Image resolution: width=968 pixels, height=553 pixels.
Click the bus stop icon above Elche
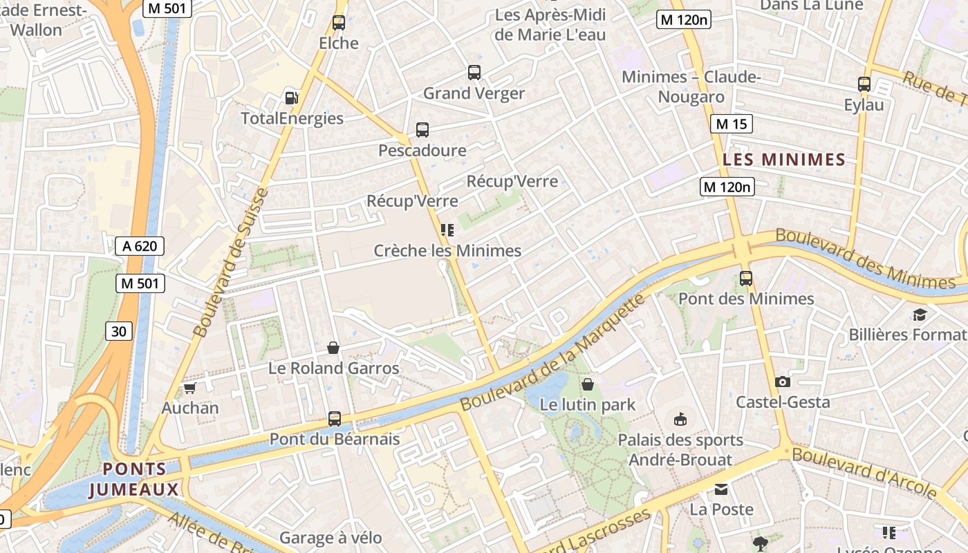339,23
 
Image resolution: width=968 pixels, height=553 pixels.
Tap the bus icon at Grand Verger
474,73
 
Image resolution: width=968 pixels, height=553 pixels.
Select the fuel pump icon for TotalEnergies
292,98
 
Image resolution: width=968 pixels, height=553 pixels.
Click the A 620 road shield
140,246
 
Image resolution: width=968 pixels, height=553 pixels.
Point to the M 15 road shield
731,124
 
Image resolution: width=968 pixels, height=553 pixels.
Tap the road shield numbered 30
119,332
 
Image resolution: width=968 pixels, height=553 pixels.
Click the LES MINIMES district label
784,160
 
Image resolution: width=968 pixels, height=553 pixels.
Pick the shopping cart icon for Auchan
190,388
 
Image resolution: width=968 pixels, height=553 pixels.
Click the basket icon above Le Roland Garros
333,347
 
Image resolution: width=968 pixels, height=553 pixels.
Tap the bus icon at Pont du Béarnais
335,419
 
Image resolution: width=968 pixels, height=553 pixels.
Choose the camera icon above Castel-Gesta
783,382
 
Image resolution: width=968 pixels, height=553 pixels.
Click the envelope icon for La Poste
721,489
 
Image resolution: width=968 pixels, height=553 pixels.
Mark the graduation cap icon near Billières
920,315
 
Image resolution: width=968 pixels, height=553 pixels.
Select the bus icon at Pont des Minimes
746,279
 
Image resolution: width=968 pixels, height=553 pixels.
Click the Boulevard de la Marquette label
553,353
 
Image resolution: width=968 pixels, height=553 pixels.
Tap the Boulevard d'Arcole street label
864,473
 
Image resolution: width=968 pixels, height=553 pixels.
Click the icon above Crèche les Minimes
447,230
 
